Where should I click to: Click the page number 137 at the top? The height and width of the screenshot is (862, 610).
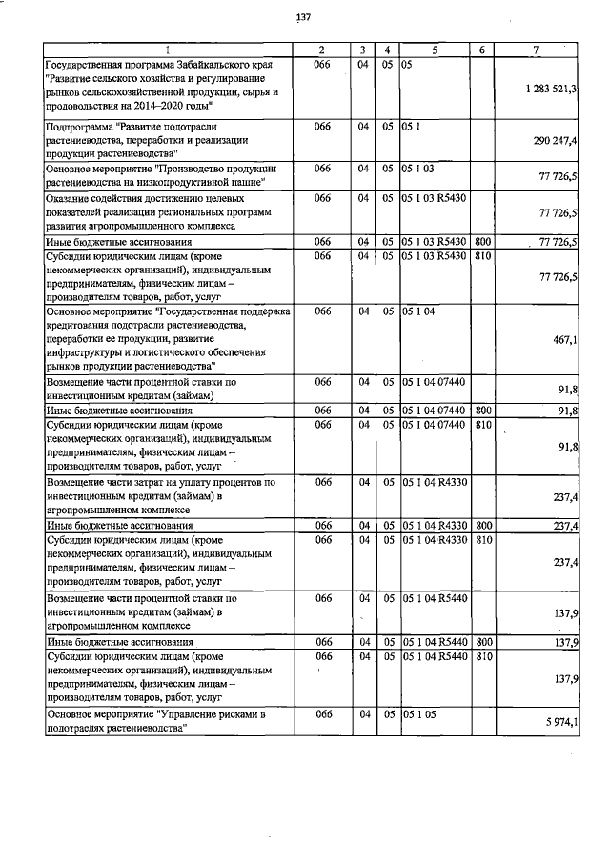(304, 17)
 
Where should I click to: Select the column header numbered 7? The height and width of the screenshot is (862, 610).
(540, 49)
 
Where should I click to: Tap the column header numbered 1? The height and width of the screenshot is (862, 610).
(167, 49)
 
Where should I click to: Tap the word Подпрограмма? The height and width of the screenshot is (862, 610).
(81, 126)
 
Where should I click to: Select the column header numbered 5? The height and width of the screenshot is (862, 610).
(434, 49)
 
